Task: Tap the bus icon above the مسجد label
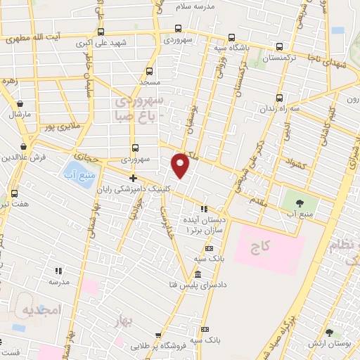pyautogui.click(x=149, y=71)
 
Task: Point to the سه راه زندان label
pyautogui.click(x=281, y=110)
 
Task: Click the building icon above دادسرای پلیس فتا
pyautogui.click(x=198, y=274)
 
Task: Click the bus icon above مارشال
pyautogui.click(x=15, y=101)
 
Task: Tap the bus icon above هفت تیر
pyautogui.click(x=15, y=192)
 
